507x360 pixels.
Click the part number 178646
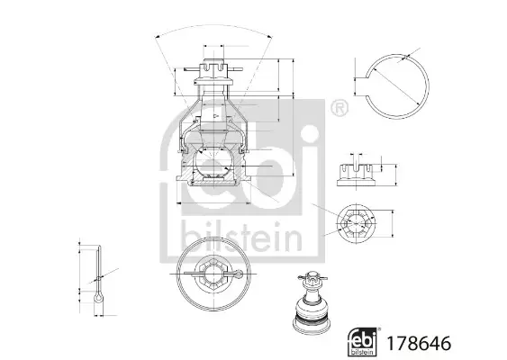click(419, 343)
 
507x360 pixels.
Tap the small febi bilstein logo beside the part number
click(363, 342)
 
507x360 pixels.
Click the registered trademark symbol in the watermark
click(340, 108)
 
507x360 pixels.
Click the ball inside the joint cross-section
click(213, 162)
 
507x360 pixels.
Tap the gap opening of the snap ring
click(368, 86)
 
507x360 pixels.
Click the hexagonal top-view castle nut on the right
click(356, 223)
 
